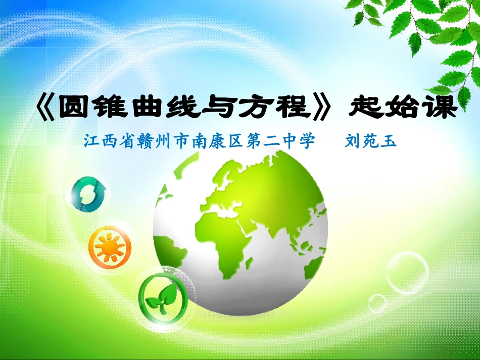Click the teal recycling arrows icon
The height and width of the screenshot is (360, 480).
click(89, 193)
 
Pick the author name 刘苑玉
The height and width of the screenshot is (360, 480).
click(370, 141)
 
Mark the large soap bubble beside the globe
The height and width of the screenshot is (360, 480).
click(407, 273)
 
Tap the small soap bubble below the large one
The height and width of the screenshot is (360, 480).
click(377, 302)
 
